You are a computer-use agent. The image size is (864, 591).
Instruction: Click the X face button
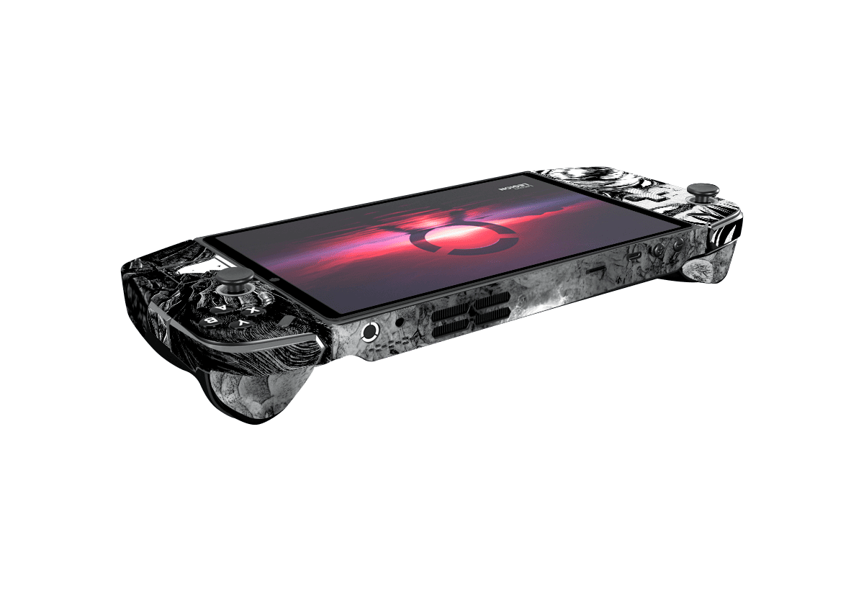252,310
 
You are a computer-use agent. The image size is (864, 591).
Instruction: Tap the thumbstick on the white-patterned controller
702,192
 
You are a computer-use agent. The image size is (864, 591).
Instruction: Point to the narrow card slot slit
595,271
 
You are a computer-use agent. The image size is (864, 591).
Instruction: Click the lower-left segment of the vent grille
451,328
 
